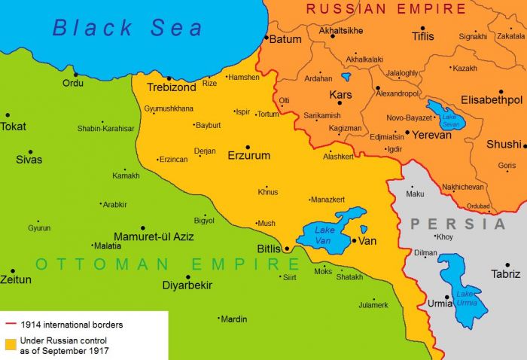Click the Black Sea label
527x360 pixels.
[x=127, y=28]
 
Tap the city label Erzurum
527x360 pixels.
[x=248, y=156]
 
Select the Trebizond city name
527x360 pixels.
[x=171, y=87]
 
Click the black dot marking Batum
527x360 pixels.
[x=265, y=36]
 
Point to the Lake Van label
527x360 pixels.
[x=325, y=233]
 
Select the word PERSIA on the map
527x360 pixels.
[x=458, y=224]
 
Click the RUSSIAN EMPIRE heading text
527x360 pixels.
[x=386, y=9]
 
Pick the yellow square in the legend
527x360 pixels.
[x=10, y=344]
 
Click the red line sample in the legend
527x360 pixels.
[x=10, y=325]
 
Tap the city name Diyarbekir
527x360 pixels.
[x=187, y=285]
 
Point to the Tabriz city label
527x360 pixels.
[x=505, y=274]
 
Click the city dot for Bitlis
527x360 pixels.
[x=286, y=248]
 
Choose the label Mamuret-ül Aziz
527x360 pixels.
[x=154, y=236]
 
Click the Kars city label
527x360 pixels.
[x=341, y=95]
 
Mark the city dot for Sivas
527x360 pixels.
[x=30, y=151]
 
